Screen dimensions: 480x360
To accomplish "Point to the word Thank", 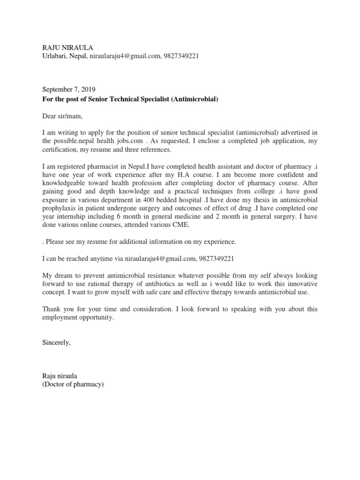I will point(51,309).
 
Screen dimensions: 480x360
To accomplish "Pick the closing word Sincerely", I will point(56,343).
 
